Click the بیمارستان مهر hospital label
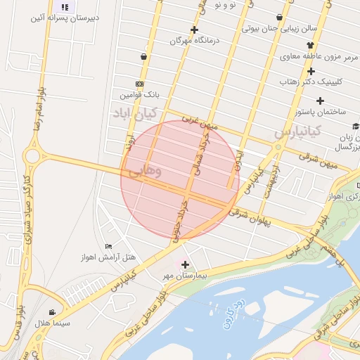pos(184,277)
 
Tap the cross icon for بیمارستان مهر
pos(185,265)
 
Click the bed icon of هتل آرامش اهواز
pos(108,246)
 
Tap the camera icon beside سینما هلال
pos(52,311)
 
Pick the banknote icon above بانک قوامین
pos(139,83)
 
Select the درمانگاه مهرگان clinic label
pos(194,40)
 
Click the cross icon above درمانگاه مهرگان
pos(194,30)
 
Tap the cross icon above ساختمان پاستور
pos(320,101)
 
